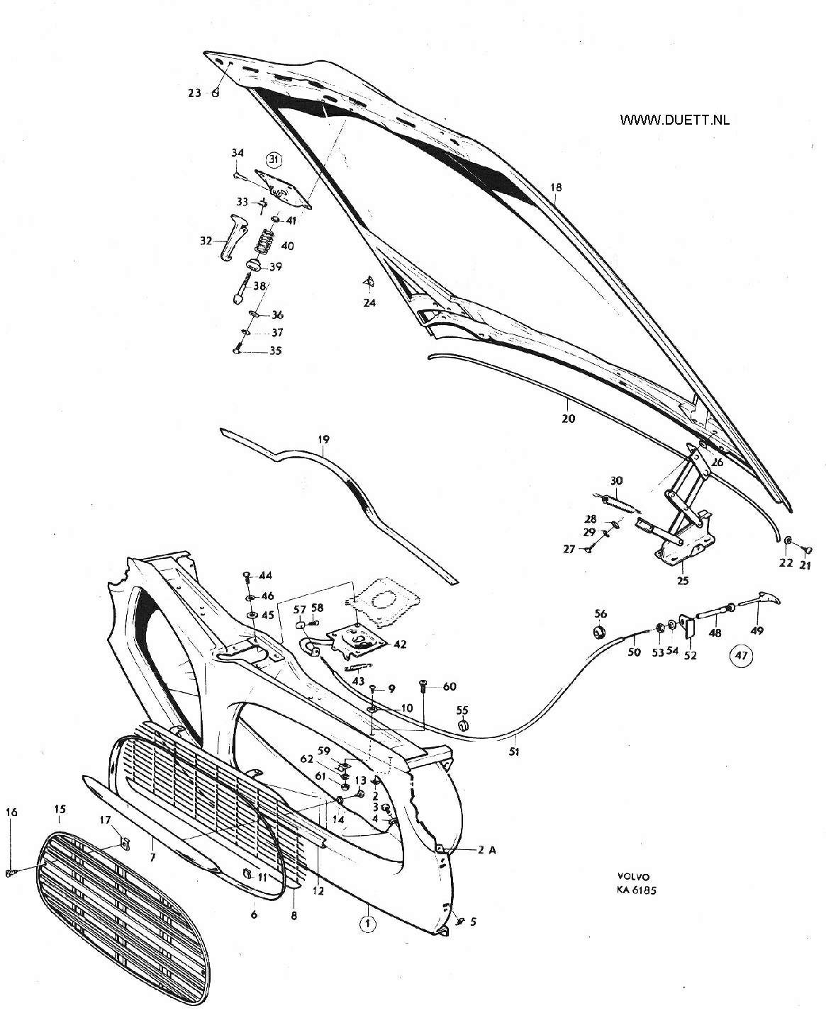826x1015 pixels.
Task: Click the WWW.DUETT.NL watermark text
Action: pyautogui.click(x=674, y=120)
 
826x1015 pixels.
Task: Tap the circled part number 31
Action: pyautogui.click(x=274, y=159)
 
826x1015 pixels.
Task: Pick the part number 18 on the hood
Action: pyautogui.click(x=556, y=187)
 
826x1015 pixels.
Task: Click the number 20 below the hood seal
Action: pyautogui.click(x=568, y=418)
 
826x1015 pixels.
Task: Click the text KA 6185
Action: pyautogui.click(x=637, y=890)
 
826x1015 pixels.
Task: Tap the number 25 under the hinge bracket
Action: pyautogui.click(x=683, y=582)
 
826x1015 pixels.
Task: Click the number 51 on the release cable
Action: pyautogui.click(x=514, y=752)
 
